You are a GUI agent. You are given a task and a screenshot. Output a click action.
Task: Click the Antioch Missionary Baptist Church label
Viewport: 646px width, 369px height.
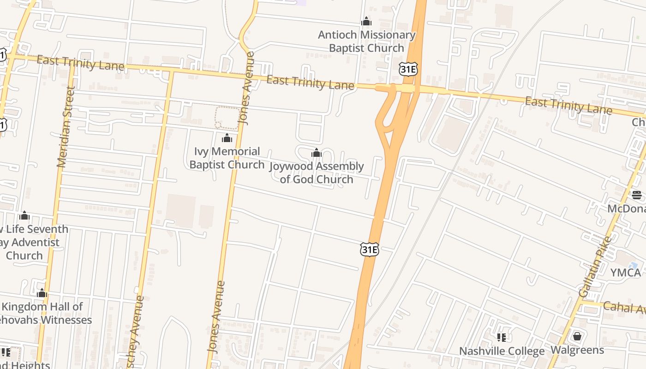(366, 42)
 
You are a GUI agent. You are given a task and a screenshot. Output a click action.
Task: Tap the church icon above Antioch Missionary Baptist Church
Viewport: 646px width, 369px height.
(366, 22)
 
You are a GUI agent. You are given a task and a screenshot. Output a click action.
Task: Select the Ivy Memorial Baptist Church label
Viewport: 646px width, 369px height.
(227, 158)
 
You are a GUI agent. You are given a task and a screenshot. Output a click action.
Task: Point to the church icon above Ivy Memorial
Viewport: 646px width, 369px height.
(227, 138)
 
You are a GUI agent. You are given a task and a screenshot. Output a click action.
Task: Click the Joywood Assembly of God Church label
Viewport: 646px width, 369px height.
(317, 173)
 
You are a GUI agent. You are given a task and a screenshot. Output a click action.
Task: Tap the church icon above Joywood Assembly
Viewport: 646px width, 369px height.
(317, 153)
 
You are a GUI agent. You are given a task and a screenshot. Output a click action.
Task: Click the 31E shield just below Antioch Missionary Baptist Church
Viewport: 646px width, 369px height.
(408, 69)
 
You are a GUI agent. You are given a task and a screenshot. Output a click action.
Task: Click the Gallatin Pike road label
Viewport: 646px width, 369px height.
(595, 266)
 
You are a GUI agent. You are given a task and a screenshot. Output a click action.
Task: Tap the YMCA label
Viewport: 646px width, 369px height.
(625, 273)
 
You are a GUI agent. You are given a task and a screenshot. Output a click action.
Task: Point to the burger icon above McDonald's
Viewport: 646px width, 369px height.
(637, 195)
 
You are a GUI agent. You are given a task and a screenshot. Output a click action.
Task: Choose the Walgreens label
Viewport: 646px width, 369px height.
(577, 350)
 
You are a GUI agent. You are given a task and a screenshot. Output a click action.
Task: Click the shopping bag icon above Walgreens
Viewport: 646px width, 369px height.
(577, 336)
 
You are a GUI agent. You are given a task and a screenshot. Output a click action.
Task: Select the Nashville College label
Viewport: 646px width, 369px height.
(502, 351)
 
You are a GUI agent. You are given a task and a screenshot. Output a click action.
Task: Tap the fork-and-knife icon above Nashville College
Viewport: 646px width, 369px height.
(502, 338)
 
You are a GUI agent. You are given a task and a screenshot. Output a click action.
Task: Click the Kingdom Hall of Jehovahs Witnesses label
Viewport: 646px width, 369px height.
(44, 313)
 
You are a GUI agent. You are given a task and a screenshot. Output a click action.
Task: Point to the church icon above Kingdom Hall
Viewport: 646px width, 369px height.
(42, 293)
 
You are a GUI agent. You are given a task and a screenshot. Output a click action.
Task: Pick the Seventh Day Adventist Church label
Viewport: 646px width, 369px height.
(32, 242)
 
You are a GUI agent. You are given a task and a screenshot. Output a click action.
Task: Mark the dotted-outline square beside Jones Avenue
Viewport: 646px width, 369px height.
(227, 118)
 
